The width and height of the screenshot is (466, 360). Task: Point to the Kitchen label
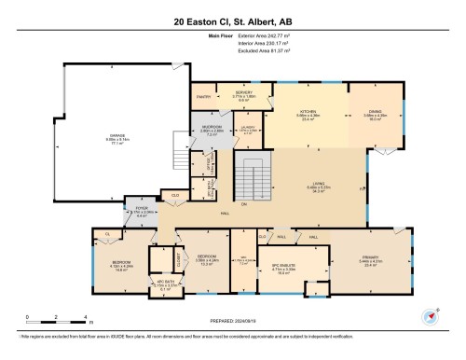pyautogui.click(x=308, y=112)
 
